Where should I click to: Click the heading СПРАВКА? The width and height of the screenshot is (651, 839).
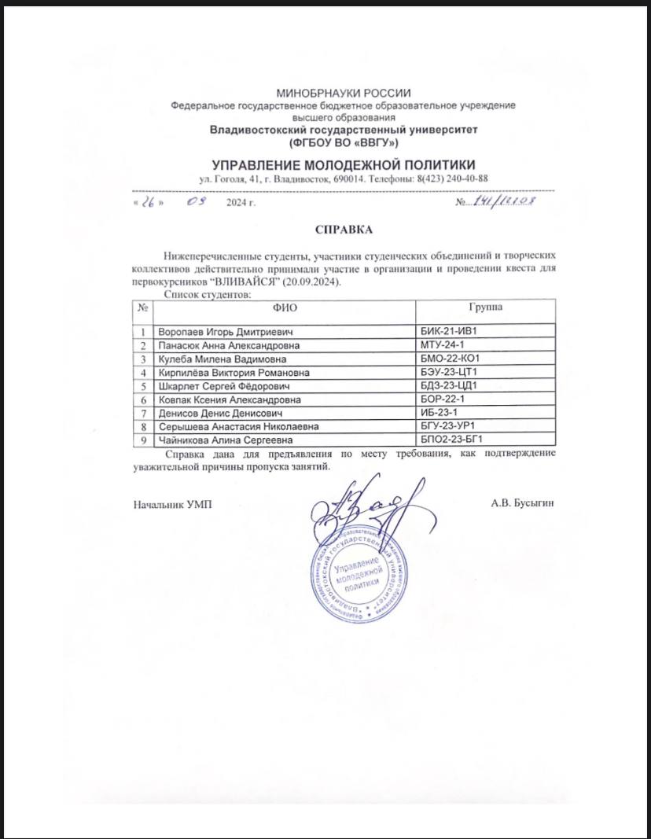(342, 230)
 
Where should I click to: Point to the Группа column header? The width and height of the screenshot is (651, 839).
(487, 307)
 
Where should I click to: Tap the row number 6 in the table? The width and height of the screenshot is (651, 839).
(143, 399)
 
